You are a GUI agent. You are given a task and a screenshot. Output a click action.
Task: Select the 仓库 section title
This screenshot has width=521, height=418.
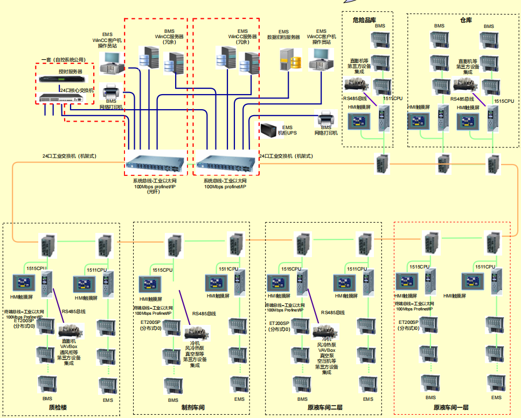(x=466, y=20)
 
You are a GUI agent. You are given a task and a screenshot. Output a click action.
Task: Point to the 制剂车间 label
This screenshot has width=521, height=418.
(x=193, y=408)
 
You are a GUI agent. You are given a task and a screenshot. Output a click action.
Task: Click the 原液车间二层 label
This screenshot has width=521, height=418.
(x=325, y=408)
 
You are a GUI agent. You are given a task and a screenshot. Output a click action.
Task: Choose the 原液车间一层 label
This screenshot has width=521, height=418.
(x=451, y=408)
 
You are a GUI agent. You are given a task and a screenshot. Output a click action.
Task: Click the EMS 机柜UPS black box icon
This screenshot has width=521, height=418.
(x=268, y=130)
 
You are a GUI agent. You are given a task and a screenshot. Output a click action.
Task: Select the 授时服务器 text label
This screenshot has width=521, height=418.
(x=70, y=71)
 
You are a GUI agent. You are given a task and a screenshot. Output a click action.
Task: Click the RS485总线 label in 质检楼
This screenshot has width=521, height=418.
(x=74, y=311)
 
